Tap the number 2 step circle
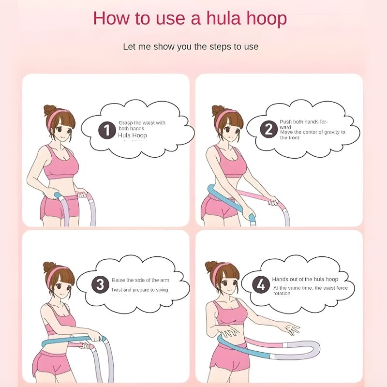pyautogui.click(x=269, y=129)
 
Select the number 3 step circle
pyautogui.click(x=100, y=285)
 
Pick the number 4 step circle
pyautogui.click(x=261, y=285)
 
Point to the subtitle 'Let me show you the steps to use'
pyautogui.click(x=191, y=46)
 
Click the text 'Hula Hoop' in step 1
pyautogui.click(x=132, y=135)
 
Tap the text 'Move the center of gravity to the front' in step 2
pyautogui.click(x=312, y=134)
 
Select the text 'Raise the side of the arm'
pyautogui.click(x=140, y=280)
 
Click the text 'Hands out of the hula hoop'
pyautogui.click(x=305, y=279)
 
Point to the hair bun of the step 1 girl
pyautogui.click(x=49, y=110)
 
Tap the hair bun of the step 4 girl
pyautogui.click(x=211, y=266)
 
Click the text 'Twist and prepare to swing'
pyautogui.click(x=140, y=290)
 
